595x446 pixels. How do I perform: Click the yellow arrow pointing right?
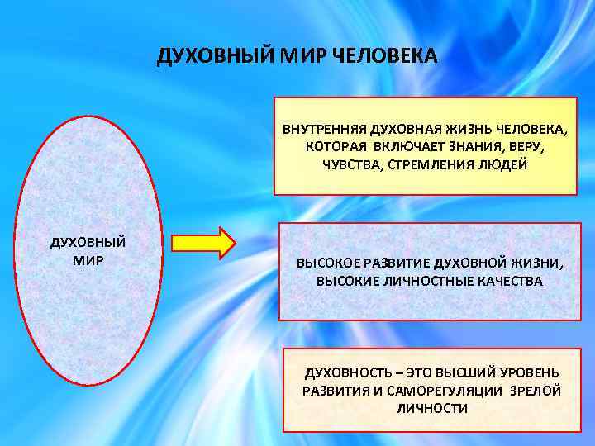(203, 244)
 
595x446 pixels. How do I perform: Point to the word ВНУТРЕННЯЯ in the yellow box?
(325, 130)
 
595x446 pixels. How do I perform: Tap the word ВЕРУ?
(526, 146)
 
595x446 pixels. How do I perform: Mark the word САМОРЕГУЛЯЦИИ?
(446, 391)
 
